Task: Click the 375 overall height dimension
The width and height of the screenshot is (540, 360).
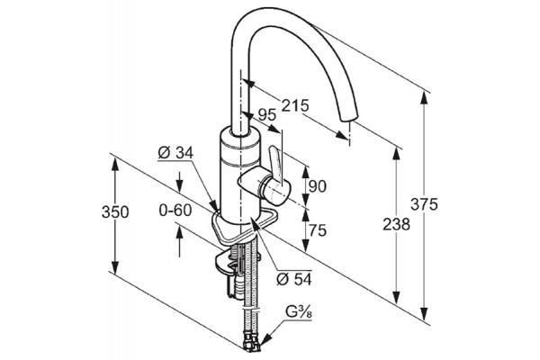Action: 424,204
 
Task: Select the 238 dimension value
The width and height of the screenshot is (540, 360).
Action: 396,225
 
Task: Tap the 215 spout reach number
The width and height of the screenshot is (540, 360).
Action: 295,105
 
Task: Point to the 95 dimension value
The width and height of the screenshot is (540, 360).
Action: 267,114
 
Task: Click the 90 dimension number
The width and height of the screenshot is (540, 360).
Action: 317,186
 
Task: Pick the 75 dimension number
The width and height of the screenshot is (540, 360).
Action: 318,229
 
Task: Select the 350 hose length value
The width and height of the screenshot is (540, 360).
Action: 115,211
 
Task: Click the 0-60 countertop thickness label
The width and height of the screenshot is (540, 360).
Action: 175,210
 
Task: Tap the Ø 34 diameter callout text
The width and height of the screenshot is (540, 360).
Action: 176,153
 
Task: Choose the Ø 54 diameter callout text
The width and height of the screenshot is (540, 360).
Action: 293,279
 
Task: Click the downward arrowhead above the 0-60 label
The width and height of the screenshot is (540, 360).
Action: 179,186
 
